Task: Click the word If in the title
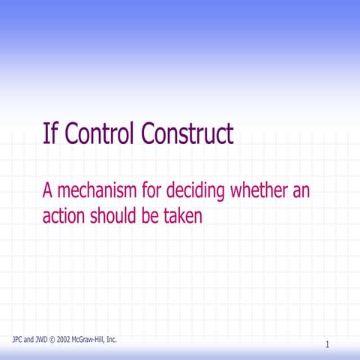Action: pos(49,134)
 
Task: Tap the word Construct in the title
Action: pos(188,134)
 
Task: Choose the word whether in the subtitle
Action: pos(257,191)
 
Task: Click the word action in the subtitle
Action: pos(63,216)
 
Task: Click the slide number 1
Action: pos(328,344)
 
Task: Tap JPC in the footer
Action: pos(19,340)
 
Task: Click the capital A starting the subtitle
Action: pos(47,191)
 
